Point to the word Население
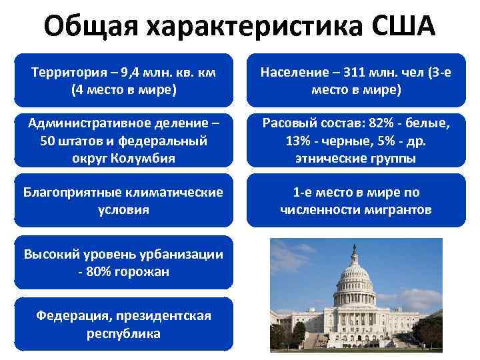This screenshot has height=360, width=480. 289,72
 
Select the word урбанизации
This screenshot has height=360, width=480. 178,254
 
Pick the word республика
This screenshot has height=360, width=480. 123,333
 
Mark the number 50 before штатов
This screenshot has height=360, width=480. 41,141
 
